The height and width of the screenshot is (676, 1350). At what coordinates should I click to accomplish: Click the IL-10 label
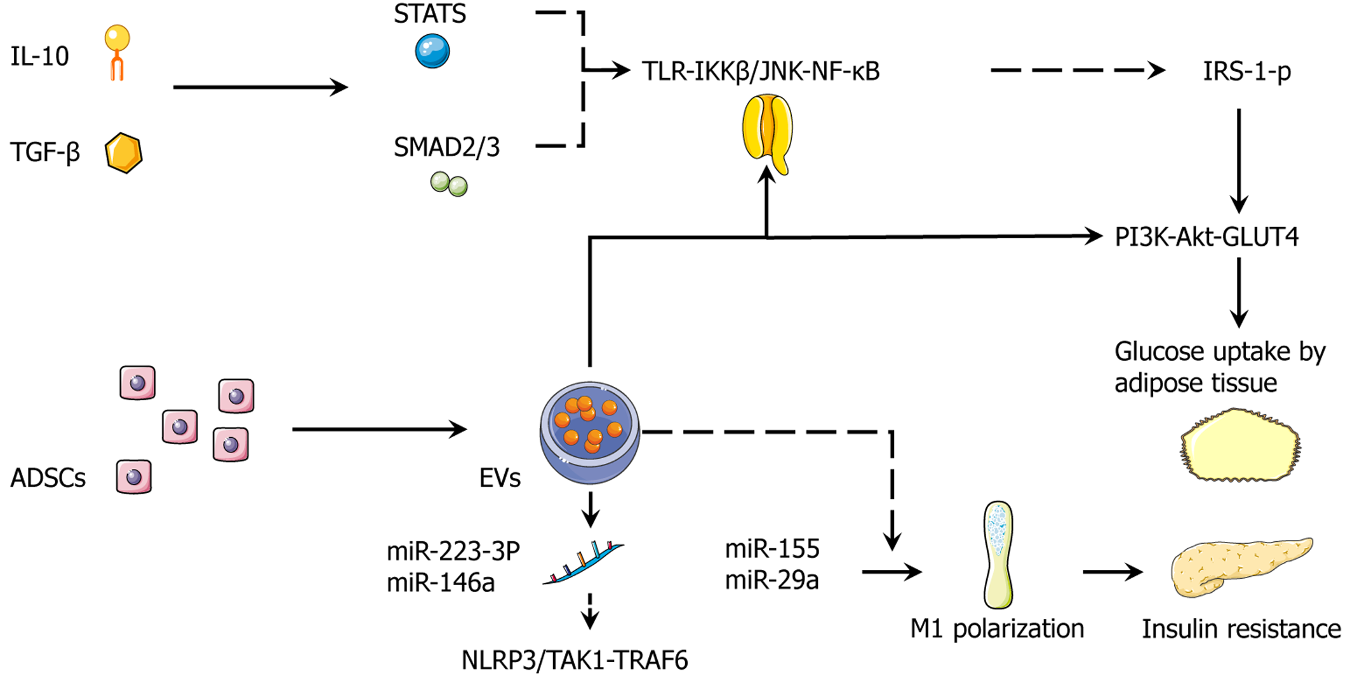pyautogui.click(x=39, y=57)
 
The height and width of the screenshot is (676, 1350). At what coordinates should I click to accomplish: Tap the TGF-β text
pyautogui.click(x=45, y=152)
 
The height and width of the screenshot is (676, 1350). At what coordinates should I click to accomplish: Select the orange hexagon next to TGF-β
pyautogui.click(x=123, y=153)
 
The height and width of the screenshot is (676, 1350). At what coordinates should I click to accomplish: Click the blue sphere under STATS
pyautogui.click(x=432, y=51)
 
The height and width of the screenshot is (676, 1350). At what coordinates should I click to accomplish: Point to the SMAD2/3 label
pyautogui.click(x=446, y=147)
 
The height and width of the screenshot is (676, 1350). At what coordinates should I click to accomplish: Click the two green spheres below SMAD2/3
pyautogui.click(x=449, y=184)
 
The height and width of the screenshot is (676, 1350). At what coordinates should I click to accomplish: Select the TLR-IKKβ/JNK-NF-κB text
pyautogui.click(x=760, y=71)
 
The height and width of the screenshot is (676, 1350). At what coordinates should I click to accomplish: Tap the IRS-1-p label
pyautogui.click(x=1246, y=71)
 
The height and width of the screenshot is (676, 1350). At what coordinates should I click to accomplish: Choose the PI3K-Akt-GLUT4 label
pyautogui.click(x=1206, y=237)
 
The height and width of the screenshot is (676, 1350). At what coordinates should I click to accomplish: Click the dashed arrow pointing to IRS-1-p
pyautogui.click(x=1077, y=71)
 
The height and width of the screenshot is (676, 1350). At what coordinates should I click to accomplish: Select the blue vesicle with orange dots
pyautogui.click(x=590, y=432)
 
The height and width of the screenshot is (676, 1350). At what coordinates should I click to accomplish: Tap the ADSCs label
pyautogui.click(x=48, y=478)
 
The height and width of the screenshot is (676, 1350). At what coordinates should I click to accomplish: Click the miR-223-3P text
pyautogui.click(x=453, y=551)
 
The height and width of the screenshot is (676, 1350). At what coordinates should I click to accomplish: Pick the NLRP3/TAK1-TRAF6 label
pyautogui.click(x=574, y=661)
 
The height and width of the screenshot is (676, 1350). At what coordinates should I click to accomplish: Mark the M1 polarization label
pyautogui.click(x=997, y=629)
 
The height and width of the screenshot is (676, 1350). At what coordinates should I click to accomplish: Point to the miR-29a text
pyautogui.click(x=772, y=580)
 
